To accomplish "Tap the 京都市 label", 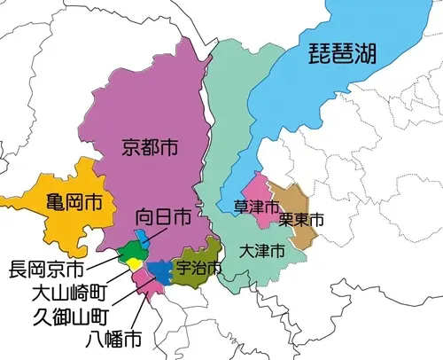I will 149,148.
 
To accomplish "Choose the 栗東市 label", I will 300,218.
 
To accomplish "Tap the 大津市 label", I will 262,251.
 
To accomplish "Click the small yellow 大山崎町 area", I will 135,263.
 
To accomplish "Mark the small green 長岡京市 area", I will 130,249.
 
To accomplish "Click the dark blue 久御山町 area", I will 159,270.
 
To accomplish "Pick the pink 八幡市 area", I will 144,284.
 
